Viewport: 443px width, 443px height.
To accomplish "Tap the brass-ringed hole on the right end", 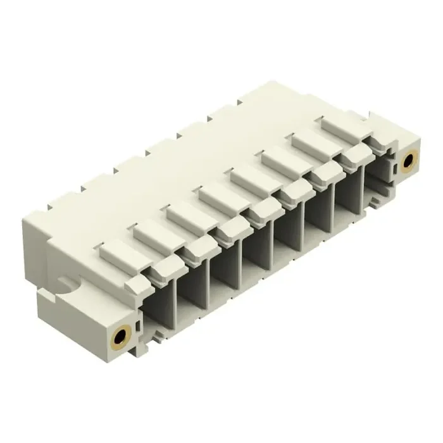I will point(408,163).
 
